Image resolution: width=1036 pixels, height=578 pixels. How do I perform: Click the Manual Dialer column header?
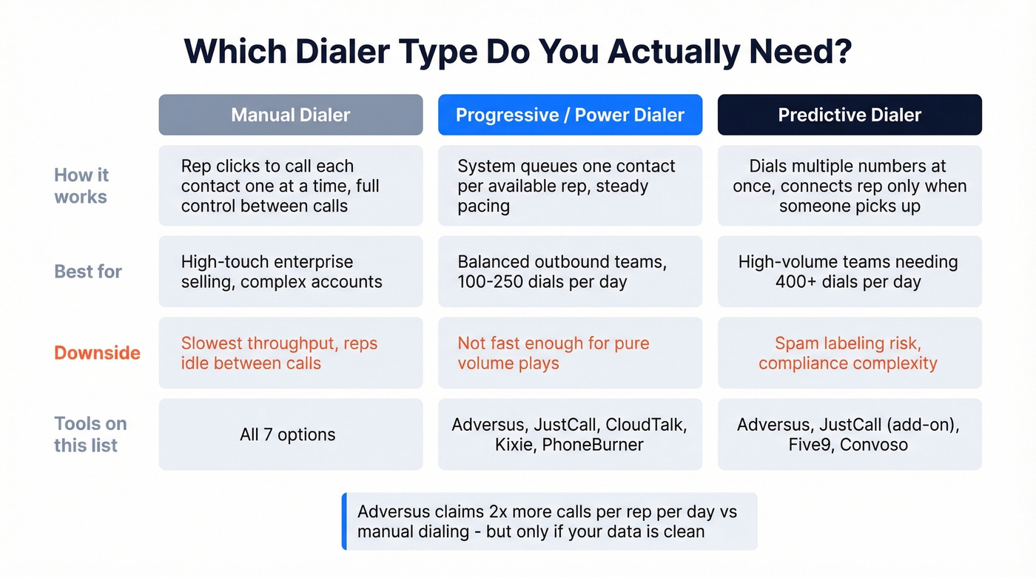(x=290, y=115)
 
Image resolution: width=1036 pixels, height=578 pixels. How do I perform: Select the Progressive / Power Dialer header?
(x=570, y=115)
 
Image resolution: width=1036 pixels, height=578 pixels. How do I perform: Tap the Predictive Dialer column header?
(x=850, y=115)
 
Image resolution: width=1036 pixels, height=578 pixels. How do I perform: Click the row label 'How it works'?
(x=81, y=186)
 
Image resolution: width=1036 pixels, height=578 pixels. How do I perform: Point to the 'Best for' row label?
(x=88, y=272)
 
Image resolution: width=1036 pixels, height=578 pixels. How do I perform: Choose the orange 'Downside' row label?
(x=97, y=353)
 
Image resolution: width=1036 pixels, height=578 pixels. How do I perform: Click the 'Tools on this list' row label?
(x=90, y=434)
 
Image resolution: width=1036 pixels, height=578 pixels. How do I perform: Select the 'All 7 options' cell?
(x=288, y=434)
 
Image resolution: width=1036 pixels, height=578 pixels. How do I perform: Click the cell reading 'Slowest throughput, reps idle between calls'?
(x=290, y=353)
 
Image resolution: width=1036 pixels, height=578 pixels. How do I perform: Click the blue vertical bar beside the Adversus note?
(x=344, y=521)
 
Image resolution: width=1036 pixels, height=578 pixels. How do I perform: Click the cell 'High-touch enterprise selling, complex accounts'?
(x=290, y=272)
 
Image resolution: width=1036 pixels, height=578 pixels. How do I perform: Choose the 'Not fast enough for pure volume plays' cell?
(x=570, y=353)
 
